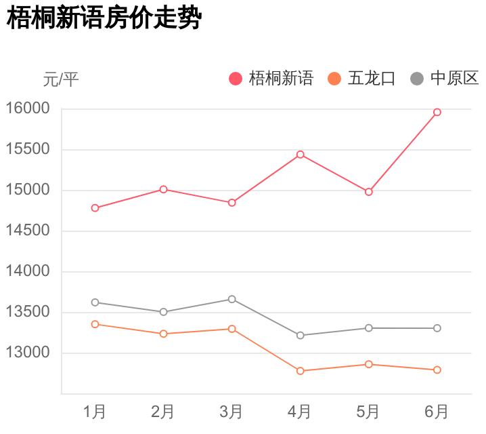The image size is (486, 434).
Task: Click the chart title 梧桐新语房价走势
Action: tap(104, 19)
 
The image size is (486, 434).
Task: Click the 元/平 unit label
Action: tap(61, 79)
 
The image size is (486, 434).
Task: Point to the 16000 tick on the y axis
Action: tap(28, 108)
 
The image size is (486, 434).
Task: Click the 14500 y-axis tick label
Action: tap(28, 231)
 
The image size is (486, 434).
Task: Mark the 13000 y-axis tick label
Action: tap(28, 353)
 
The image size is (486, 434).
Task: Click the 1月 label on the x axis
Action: tap(95, 411)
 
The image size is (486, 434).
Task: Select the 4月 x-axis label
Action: tap(300, 411)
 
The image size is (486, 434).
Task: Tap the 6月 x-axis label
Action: tap(437, 411)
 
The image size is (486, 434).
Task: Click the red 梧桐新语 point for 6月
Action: tap(437, 112)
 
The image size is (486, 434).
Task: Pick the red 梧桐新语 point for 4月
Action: tap(300, 155)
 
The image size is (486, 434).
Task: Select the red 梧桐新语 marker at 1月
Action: tap(95, 208)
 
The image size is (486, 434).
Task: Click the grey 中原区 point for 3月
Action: tap(231, 299)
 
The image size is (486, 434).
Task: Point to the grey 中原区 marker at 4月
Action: tap(300, 336)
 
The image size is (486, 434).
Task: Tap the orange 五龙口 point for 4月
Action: tap(300, 371)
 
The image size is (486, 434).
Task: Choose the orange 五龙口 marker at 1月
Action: tap(95, 324)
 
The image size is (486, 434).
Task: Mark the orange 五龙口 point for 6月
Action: tap(437, 370)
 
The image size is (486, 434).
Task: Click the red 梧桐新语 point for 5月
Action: tap(369, 192)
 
